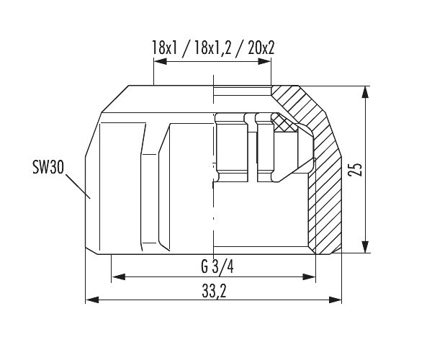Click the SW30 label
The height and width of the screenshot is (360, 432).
point(48,168)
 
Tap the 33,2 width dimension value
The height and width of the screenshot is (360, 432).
point(214,291)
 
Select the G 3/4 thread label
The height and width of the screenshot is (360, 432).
point(217,266)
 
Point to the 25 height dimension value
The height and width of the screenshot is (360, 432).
point(355,170)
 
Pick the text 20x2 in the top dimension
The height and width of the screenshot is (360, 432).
point(261,48)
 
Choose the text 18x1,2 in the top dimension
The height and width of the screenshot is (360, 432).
point(212,48)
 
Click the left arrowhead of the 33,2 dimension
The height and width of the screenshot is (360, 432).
point(92,300)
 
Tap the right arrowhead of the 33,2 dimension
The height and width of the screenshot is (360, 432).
point(335,300)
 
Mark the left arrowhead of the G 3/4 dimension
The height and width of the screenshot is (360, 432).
point(118,276)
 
